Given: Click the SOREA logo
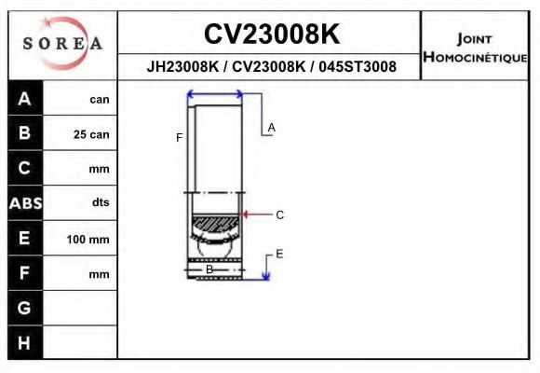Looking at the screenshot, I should [62, 44].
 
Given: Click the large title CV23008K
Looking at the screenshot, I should [271, 35].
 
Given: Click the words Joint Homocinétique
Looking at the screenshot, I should [475, 47].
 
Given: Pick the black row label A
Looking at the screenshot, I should [25, 99].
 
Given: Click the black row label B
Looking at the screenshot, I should [25, 133].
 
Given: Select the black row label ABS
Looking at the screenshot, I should [25, 203].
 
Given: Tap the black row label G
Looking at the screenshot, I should [25, 308].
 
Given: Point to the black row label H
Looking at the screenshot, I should [25, 342].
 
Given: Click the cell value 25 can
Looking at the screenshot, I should [91, 134].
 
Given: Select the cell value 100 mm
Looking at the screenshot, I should [88, 240].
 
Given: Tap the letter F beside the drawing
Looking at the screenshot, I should [179, 138].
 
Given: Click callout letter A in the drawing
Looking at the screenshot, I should [271, 127].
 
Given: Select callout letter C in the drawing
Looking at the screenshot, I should [279, 214].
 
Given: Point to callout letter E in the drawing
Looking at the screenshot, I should [279, 254].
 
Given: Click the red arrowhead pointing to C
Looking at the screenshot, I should [245, 214].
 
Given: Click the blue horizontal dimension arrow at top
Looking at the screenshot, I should [215, 93].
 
